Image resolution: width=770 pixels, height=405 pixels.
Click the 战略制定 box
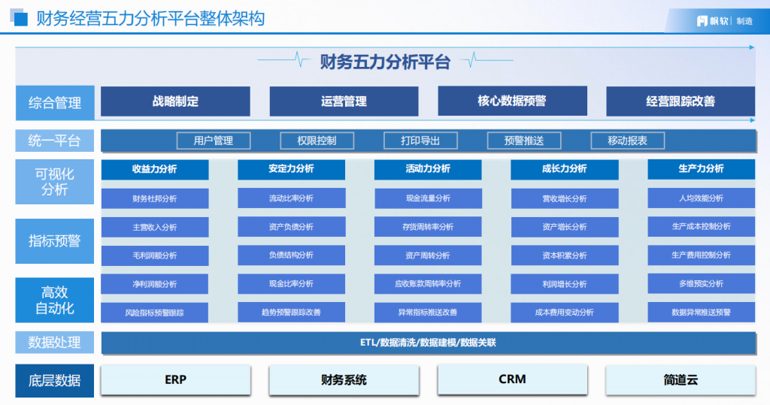click(175, 101)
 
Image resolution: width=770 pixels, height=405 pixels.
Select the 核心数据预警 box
click(511, 101)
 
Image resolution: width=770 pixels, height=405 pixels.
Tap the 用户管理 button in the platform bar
click(214, 141)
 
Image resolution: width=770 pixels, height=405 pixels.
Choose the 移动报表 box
click(626, 141)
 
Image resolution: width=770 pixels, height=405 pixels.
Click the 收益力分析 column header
click(155, 169)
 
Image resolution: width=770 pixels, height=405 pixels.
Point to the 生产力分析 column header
click(701, 169)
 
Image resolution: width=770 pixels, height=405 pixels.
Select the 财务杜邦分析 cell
click(155, 198)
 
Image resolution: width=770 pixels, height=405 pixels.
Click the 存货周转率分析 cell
click(428, 227)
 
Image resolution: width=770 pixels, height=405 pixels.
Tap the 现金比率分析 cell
click(291, 284)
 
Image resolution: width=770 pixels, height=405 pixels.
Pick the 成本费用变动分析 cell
click(564, 312)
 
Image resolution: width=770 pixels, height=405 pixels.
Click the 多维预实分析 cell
click(701, 284)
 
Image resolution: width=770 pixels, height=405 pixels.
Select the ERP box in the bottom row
click(175, 380)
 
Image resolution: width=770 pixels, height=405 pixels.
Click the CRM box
click(511, 380)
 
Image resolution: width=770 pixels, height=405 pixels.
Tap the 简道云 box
click(680, 380)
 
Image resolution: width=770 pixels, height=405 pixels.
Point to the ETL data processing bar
click(428, 343)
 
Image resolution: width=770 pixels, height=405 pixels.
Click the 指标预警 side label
click(55, 241)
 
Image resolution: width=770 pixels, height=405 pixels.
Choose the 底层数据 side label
click(55, 380)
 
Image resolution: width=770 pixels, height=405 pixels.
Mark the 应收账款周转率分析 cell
click(428, 284)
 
